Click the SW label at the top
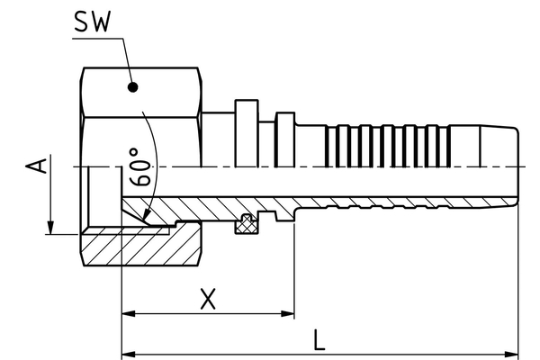(92, 22)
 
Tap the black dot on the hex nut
(132, 88)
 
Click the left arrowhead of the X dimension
(128, 314)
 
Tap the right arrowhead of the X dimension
(288, 314)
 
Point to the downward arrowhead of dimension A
(51, 226)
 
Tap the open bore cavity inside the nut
(103, 193)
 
